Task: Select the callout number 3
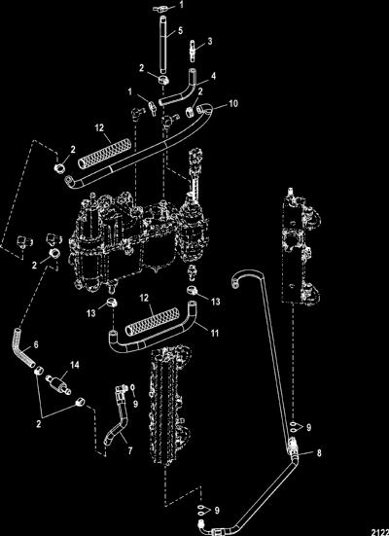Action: pyautogui.click(x=210, y=42)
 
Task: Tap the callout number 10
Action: pyautogui.click(x=233, y=103)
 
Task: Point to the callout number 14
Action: pyautogui.click(x=75, y=366)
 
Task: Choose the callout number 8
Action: pyautogui.click(x=319, y=453)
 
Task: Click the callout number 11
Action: pyautogui.click(x=215, y=333)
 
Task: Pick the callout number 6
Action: pyautogui.click(x=36, y=344)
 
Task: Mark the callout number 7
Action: pyautogui.click(x=130, y=451)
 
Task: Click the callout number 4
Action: pyautogui.click(x=213, y=76)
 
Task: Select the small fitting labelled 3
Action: pyautogui.click(x=194, y=52)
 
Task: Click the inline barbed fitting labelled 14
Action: pyautogui.click(x=58, y=383)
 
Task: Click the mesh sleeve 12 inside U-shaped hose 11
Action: pyautogui.click(x=152, y=321)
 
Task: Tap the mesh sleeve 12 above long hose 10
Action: pyautogui.click(x=104, y=153)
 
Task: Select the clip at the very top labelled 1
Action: pyautogui.click(x=159, y=9)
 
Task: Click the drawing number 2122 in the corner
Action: pyautogui.click(x=380, y=532)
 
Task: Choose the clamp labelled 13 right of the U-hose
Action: pyautogui.click(x=193, y=291)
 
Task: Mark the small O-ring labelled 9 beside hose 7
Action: pyautogui.click(x=132, y=388)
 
